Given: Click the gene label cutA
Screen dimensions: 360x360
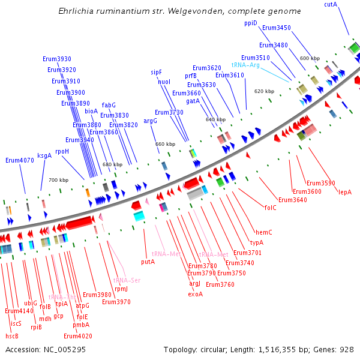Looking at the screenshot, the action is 331,4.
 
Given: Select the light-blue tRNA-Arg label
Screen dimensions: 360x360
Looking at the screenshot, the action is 245,65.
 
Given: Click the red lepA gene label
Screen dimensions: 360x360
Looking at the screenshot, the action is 345,192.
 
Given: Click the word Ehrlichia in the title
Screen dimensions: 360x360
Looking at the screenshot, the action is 76,11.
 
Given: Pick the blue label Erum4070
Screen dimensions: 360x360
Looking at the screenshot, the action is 20,160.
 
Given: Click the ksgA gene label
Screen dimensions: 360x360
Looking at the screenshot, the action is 44,155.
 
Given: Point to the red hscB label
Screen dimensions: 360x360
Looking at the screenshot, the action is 12,336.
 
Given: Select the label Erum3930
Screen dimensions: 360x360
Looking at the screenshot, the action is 57,59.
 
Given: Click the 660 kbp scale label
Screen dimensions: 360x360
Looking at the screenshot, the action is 165,144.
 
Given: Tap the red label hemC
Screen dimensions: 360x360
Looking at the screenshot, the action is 264,232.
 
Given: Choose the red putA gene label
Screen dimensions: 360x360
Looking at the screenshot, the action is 148,262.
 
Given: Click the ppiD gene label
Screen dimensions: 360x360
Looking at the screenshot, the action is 250,23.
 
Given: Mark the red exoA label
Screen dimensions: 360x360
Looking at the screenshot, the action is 196,294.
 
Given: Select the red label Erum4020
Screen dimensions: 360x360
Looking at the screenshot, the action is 77,335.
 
